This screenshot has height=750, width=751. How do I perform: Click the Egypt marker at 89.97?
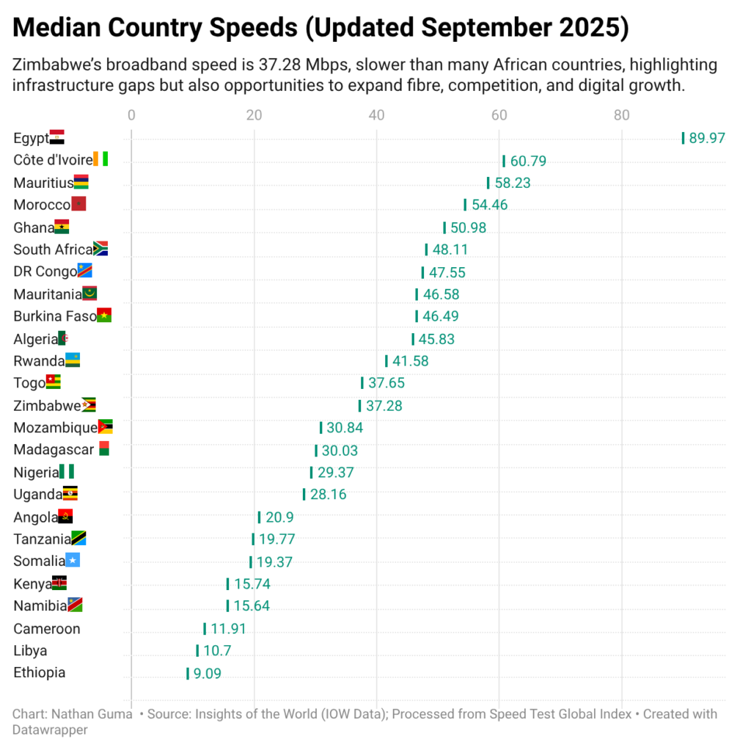pyautogui.click(x=683, y=138)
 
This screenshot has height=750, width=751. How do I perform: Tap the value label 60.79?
pyautogui.click(x=528, y=161)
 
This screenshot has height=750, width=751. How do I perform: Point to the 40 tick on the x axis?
pyautogui.click(x=376, y=115)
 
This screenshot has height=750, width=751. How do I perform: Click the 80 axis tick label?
pyautogui.click(x=621, y=115)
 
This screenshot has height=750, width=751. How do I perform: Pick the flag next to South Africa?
pyautogui.click(x=101, y=250)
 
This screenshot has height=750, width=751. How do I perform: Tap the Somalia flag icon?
pyautogui.click(x=73, y=561)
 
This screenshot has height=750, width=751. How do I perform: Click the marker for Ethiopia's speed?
pyautogui.click(x=188, y=673)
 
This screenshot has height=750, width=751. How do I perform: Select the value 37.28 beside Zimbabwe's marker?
pyautogui.click(x=384, y=406)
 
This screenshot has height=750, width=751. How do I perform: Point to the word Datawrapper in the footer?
pyautogui.click(x=50, y=729)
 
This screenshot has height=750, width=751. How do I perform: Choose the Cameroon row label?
pyautogui.click(x=47, y=629)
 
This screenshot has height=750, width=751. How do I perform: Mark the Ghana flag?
pyautogui.click(x=62, y=227)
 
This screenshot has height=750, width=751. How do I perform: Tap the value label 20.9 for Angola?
pyautogui.click(x=279, y=517)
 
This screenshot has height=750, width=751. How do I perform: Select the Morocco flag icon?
pyautogui.click(x=79, y=205)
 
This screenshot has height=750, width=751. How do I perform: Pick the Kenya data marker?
pyautogui.click(x=227, y=584)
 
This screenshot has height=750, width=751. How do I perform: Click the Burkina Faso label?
pyautogui.click(x=55, y=316)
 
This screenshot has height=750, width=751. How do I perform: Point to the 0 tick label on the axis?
pyautogui.click(x=131, y=115)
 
